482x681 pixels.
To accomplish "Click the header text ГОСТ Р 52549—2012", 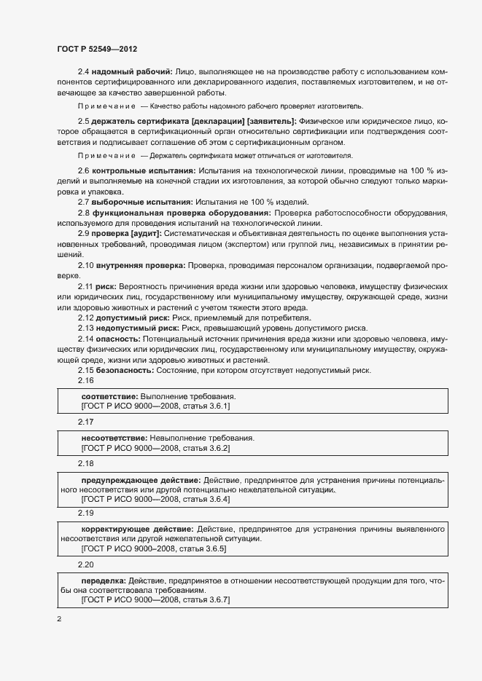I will tap(97, 48).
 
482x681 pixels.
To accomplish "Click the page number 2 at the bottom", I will tap(58, 620).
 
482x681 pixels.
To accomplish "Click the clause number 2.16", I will tap(86, 381).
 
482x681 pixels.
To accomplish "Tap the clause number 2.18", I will tap(86, 464).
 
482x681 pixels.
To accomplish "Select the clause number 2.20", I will tap(86, 564).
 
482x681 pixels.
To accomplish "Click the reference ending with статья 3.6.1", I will tap(155, 406).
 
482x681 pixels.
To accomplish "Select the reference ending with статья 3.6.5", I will tap(154, 548).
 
